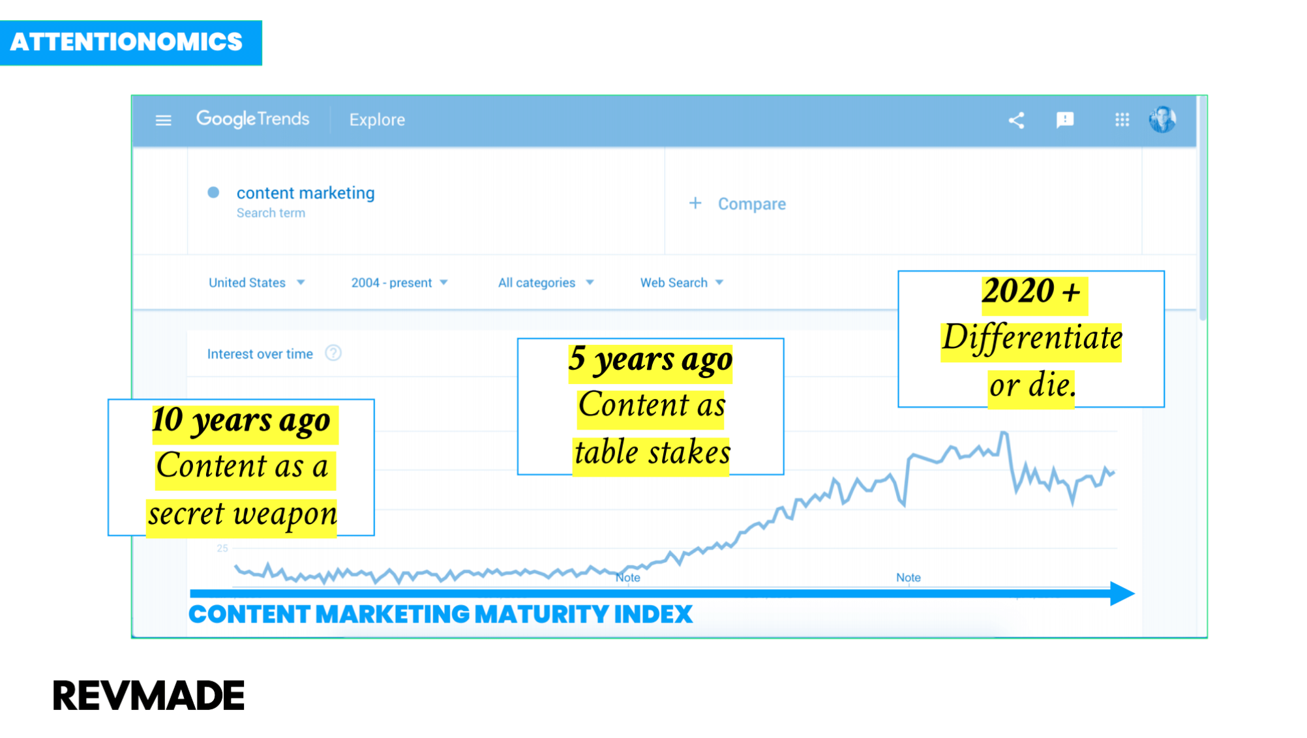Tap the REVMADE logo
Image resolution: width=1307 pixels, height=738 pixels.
pyautogui.click(x=148, y=695)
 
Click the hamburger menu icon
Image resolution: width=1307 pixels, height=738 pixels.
pyautogui.click(x=163, y=120)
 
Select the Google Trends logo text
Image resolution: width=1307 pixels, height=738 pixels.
pyautogui.click(x=252, y=119)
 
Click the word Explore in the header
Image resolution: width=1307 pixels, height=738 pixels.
pyautogui.click(x=377, y=119)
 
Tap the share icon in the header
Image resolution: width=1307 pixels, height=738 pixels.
pyautogui.click(x=1016, y=120)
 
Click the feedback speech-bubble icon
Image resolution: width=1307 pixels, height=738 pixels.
pyautogui.click(x=1064, y=120)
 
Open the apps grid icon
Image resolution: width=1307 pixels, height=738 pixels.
pyautogui.click(x=1122, y=120)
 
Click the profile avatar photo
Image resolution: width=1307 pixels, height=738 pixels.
pyautogui.click(x=1162, y=119)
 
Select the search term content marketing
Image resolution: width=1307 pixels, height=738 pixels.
pyautogui.click(x=305, y=193)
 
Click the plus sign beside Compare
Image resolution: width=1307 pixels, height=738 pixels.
pyautogui.click(x=695, y=203)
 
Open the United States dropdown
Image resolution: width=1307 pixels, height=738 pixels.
pyautogui.click(x=256, y=282)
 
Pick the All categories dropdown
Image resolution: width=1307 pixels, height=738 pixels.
pyautogui.click(x=546, y=282)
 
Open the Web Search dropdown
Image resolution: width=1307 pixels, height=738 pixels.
pyautogui.click(x=682, y=282)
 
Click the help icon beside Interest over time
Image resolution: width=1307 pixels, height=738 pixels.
pyautogui.click(x=333, y=353)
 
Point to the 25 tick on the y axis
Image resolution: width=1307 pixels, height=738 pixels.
pyautogui.click(x=222, y=548)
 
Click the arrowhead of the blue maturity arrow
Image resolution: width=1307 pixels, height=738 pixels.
pyautogui.click(x=1122, y=593)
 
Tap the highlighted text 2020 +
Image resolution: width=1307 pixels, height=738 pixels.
pyautogui.click(x=1031, y=291)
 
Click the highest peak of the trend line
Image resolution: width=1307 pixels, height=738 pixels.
pyautogui.click(x=1004, y=432)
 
